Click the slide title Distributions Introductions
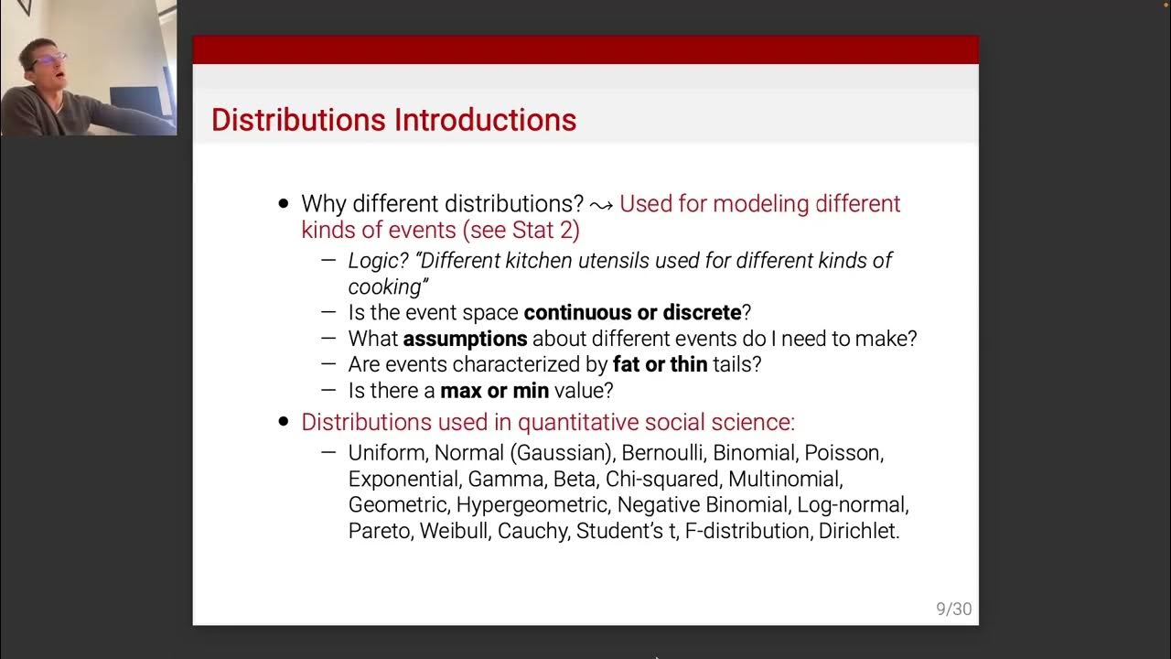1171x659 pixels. [x=393, y=120]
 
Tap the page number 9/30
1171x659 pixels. [x=953, y=610]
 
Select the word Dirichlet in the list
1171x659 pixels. [x=858, y=531]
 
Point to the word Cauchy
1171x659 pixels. [x=532, y=531]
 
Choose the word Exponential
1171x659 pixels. [x=402, y=479]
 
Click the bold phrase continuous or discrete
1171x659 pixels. [x=632, y=312]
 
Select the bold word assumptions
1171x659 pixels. [x=466, y=339]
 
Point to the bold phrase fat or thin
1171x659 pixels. [x=660, y=364]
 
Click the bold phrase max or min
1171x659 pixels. [x=494, y=391]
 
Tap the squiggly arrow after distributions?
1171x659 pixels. [x=601, y=205]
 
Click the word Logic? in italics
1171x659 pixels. [x=378, y=261]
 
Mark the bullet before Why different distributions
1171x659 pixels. [x=283, y=204]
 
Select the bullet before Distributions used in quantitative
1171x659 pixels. [x=283, y=423]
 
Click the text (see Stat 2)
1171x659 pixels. [x=521, y=230]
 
